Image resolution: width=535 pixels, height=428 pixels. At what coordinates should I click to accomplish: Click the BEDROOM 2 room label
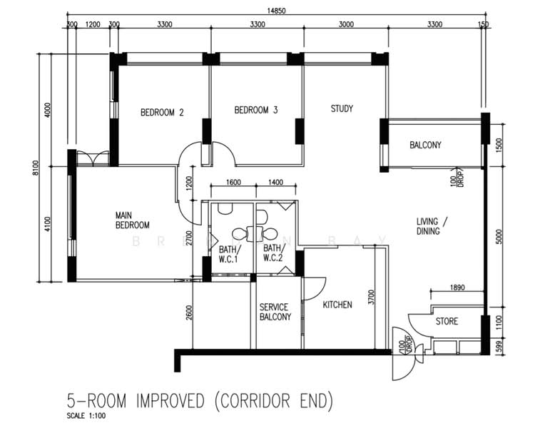click(162, 112)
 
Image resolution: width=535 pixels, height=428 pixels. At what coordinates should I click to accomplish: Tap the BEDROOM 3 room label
click(256, 110)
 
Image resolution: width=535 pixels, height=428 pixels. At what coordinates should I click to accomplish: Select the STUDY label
click(342, 109)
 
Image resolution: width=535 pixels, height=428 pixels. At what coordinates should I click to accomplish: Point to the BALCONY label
click(425, 145)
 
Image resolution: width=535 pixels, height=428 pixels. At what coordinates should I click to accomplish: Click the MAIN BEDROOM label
click(132, 219)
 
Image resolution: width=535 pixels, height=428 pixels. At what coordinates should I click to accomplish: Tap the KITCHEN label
click(337, 305)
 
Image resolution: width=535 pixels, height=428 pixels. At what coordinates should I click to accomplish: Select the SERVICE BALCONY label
click(275, 312)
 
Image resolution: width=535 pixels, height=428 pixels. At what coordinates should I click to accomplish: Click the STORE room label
click(447, 321)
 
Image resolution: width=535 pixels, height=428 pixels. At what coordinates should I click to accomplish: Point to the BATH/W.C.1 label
click(230, 253)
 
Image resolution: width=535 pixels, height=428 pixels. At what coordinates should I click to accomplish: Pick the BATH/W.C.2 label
click(273, 253)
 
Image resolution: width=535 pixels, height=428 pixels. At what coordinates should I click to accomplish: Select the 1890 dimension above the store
click(457, 288)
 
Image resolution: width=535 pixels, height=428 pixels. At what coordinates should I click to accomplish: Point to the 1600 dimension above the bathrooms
click(233, 183)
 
